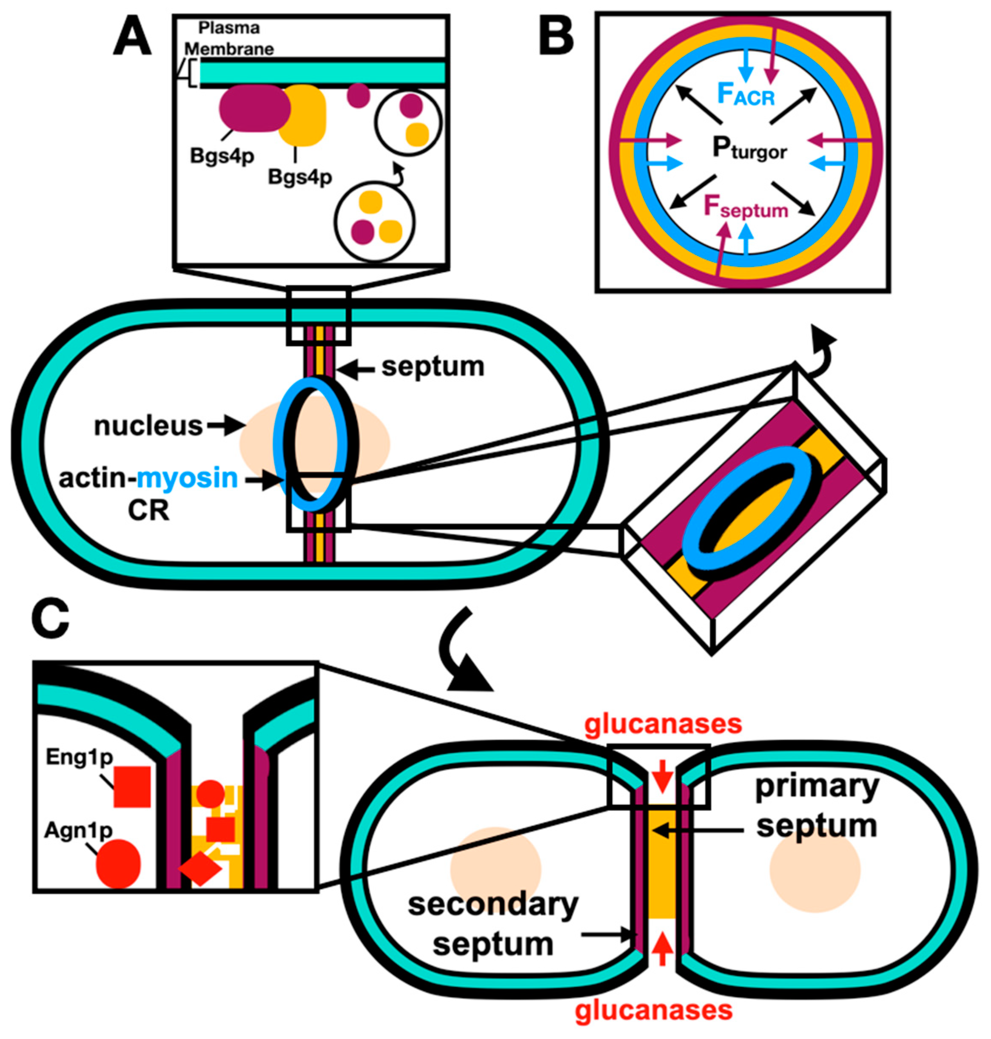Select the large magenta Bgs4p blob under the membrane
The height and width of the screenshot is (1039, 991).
pyautogui.click(x=253, y=108)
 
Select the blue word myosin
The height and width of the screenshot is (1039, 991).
pyautogui.click(x=187, y=478)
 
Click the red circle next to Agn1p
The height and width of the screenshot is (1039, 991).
pyautogui.click(x=118, y=863)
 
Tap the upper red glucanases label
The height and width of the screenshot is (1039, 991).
pyautogui.click(x=663, y=724)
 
